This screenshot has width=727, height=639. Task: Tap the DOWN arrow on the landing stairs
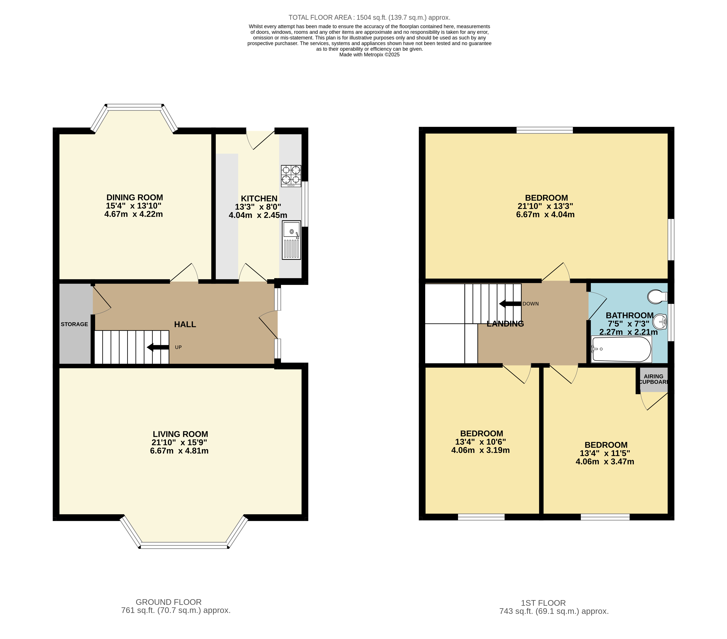510,304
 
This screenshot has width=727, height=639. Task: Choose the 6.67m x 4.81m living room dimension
179,451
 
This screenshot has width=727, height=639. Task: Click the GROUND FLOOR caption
169,602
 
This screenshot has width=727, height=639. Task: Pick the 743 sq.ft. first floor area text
554,611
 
